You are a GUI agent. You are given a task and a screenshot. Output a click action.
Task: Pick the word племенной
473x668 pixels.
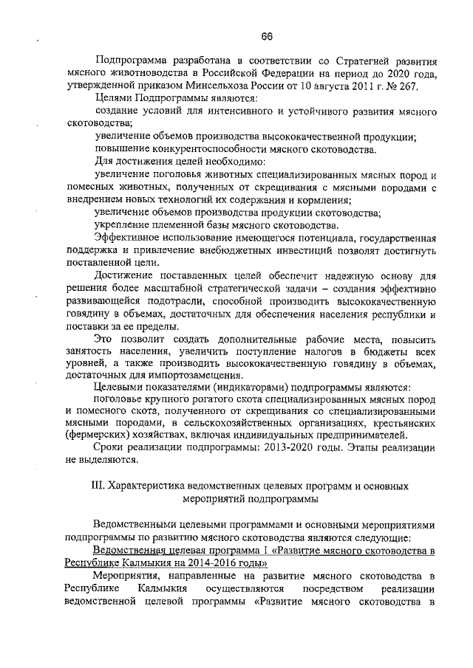[x=179, y=224]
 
